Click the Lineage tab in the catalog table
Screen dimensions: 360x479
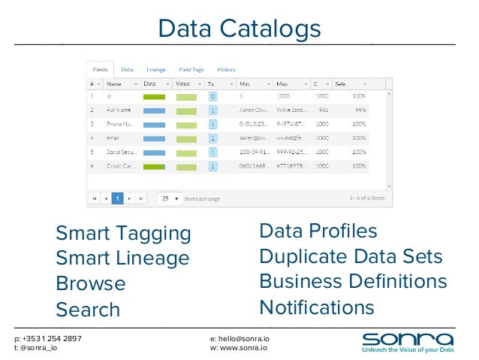pyautogui.click(x=156, y=69)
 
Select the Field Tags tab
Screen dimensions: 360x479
pyautogui.click(x=191, y=69)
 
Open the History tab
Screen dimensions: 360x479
pyautogui.click(x=226, y=69)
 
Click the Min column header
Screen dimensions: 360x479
pyautogui.click(x=246, y=83)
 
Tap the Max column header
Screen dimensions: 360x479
pyautogui.click(x=282, y=83)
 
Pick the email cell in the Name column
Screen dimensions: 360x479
pyautogui.click(x=114, y=138)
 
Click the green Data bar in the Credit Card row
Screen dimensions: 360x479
pyautogui.click(x=154, y=166)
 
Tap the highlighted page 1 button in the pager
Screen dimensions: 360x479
pyautogui.click(x=117, y=198)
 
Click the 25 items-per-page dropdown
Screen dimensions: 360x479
pyautogui.click(x=170, y=198)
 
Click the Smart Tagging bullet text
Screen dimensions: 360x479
pyautogui.click(x=124, y=234)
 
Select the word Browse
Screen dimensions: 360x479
pyautogui.click(x=91, y=284)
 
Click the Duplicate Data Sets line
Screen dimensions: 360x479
pyautogui.click(x=351, y=256)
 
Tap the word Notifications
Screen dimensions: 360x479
pyautogui.click(x=316, y=307)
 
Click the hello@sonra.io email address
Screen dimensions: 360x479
pyautogui.click(x=240, y=339)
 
